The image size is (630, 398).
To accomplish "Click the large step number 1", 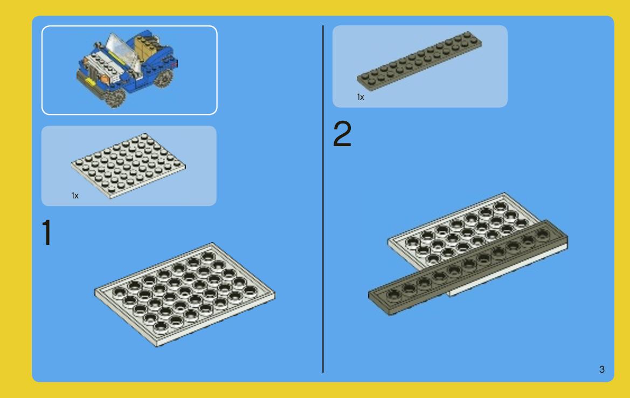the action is tap(47, 232).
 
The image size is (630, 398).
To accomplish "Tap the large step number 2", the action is tap(342, 134).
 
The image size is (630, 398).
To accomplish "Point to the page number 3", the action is tap(601, 369).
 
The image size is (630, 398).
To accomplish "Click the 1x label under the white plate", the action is tap(75, 196).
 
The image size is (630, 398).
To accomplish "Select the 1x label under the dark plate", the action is tap(361, 97).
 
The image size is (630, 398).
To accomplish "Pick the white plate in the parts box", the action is tap(128, 166).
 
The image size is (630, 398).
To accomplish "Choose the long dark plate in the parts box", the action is tap(419, 60).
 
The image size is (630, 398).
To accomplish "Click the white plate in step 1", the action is tap(185, 294).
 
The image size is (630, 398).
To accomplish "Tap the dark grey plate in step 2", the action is tap(468, 267).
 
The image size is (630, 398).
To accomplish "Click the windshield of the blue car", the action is tap(122, 52).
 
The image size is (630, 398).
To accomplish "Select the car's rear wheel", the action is tap(163, 78).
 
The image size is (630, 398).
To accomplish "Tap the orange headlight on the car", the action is tap(103, 79).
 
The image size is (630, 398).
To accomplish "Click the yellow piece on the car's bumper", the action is tap(90, 82).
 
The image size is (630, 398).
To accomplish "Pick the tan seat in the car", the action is tap(145, 48).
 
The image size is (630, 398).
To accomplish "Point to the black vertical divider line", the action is tap(323, 199).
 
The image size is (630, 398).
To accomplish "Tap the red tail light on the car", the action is tap(174, 64).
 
